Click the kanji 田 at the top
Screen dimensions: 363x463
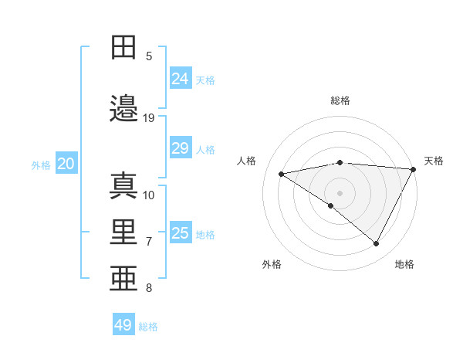pyautogui.click(x=124, y=48)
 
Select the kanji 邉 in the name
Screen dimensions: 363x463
pyautogui.click(x=124, y=109)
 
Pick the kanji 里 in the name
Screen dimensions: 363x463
pyautogui.click(x=124, y=232)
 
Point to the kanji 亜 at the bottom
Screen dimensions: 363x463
pyautogui.click(x=124, y=280)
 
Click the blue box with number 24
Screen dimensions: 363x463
pyautogui.click(x=180, y=78)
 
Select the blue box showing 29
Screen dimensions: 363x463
pyautogui.click(x=180, y=148)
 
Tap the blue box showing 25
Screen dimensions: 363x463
pyautogui.click(x=180, y=233)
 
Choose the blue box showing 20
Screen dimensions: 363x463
pyautogui.click(x=66, y=164)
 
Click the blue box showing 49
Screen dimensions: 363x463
pyautogui.click(x=123, y=325)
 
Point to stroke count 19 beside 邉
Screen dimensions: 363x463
pyautogui.click(x=149, y=117)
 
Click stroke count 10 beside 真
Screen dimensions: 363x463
pyautogui.click(x=149, y=195)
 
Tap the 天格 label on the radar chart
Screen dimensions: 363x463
pyautogui.click(x=434, y=161)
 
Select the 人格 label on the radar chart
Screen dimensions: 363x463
pyautogui.click(x=247, y=161)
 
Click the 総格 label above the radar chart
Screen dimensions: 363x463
pyautogui.click(x=340, y=100)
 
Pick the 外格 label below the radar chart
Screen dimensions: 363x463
pyautogui.click(x=272, y=265)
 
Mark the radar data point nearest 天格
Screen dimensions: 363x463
pyautogui.click(x=414, y=169)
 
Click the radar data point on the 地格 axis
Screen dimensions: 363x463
pyautogui.click(x=377, y=244)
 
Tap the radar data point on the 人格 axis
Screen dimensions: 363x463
pyautogui.click(x=282, y=174)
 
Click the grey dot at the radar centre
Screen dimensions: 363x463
pyautogui.click(x=340, y=192)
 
